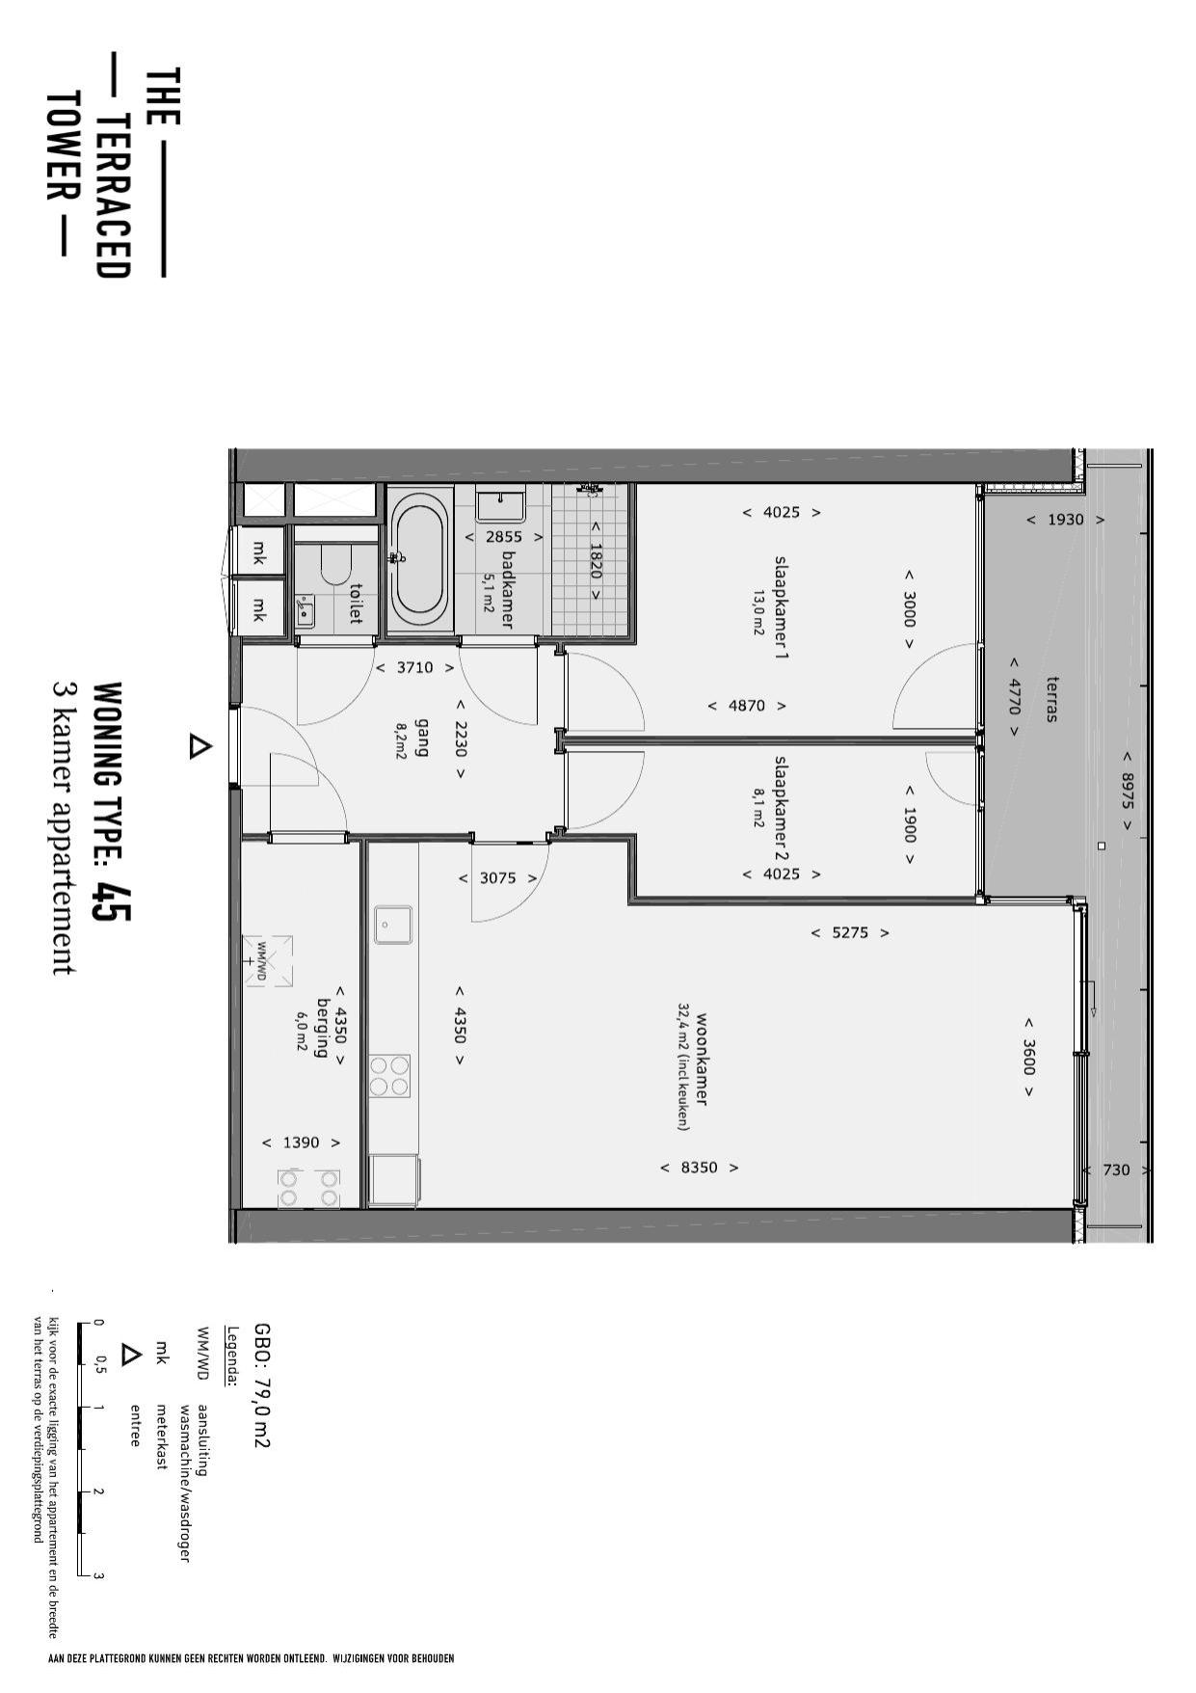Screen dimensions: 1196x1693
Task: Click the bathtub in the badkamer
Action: click(420, 560)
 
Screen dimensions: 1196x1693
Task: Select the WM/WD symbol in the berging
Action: click(267, 961)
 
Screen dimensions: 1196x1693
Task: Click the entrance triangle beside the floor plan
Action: click(199, 747)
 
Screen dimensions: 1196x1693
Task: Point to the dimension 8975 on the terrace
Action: click(1128, 790)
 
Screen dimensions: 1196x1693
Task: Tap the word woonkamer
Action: click(702, 1059)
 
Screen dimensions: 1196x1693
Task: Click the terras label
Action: click(1050, 698)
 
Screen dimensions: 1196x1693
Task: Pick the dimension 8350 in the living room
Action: click(700, 1168)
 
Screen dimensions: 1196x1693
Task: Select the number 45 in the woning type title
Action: click(110, 901)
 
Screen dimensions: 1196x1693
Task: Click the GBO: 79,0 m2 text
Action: click(261, 1384)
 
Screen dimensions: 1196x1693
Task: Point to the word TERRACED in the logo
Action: click(114, 197)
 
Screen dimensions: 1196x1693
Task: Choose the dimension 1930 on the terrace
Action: click(1065, 520)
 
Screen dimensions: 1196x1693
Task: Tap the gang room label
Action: click(421, 738)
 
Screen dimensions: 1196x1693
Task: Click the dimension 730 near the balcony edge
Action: click(1116, 1170)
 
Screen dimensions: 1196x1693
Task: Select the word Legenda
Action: click(232, 1356)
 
